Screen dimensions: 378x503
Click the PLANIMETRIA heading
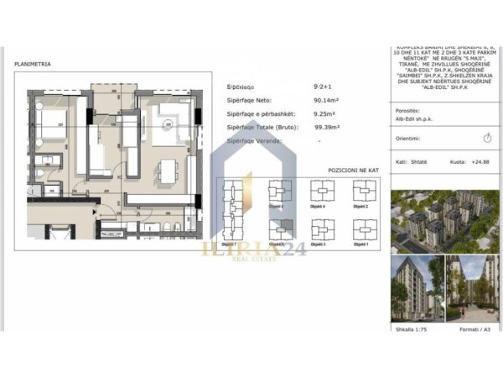coord(33,63)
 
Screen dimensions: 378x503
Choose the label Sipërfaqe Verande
coord(255,140)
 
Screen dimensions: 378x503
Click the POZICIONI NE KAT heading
coord(353,170)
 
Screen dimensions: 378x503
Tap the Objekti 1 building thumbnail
coord(362,230)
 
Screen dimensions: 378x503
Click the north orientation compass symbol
coord(488,136)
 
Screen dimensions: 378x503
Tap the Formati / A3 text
coord(474,330)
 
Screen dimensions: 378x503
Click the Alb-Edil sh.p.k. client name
coord(416,119)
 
